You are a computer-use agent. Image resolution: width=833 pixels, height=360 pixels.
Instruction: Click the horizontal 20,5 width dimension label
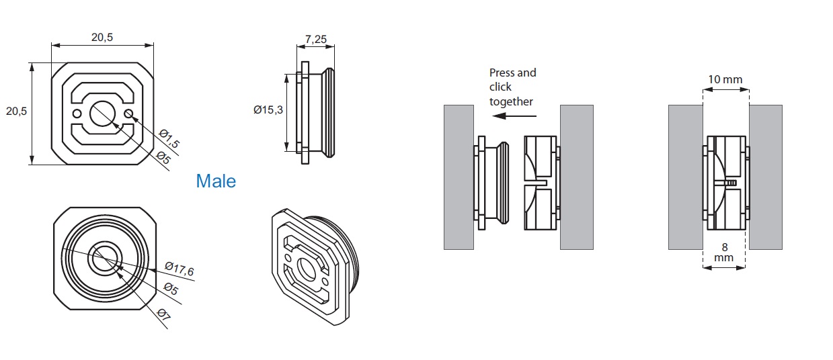click(x=102, y=38)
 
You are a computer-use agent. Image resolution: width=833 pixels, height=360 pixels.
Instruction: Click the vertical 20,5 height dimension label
click(x=16, y=111)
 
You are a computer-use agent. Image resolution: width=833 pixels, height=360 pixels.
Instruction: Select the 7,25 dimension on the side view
click(x=315, y=40)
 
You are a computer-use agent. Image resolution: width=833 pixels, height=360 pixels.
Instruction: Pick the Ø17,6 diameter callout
click(x=178, y=270)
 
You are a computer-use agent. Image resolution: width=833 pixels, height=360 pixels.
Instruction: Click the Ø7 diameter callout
click(x=164, y=314)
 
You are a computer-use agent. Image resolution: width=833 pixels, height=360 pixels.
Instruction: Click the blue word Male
click(x=216, y=181)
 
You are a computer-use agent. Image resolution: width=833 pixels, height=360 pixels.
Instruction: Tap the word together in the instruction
click(x=511, y=101)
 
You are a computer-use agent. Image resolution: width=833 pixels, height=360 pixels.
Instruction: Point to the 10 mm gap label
click(x=725, y=79)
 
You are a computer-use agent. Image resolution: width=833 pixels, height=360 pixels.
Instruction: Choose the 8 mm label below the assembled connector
click(x=725, y=252)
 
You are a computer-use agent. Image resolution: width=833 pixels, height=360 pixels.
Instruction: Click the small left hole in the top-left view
click(x=77, y=112)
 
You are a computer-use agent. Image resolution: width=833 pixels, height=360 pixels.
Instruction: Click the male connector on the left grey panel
click(x=493, y=183)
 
